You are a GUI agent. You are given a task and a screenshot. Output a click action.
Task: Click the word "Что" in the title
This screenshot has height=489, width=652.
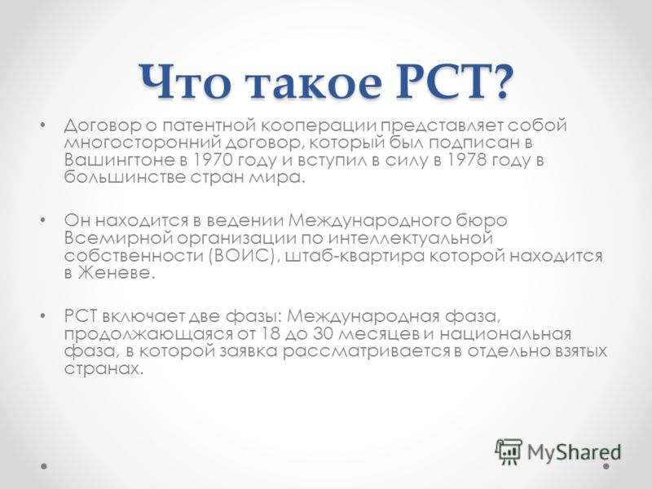pyautogui.click(x=185, y=81)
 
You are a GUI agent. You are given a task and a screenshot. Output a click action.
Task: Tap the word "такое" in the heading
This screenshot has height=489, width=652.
pyautogui.click(x=313, y=83)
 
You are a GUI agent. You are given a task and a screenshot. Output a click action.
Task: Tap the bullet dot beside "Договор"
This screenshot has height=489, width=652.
pyautogui.click(x=42, y=125)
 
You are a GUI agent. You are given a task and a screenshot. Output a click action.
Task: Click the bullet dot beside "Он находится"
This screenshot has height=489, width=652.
pyautogui.click(x=42, y=219)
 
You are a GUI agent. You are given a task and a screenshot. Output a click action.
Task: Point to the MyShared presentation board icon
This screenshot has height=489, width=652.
pyautogui.click(x=509, y=452)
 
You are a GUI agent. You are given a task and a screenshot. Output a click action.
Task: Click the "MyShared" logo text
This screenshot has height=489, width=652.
pyautogui.click(x=575, y=452)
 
